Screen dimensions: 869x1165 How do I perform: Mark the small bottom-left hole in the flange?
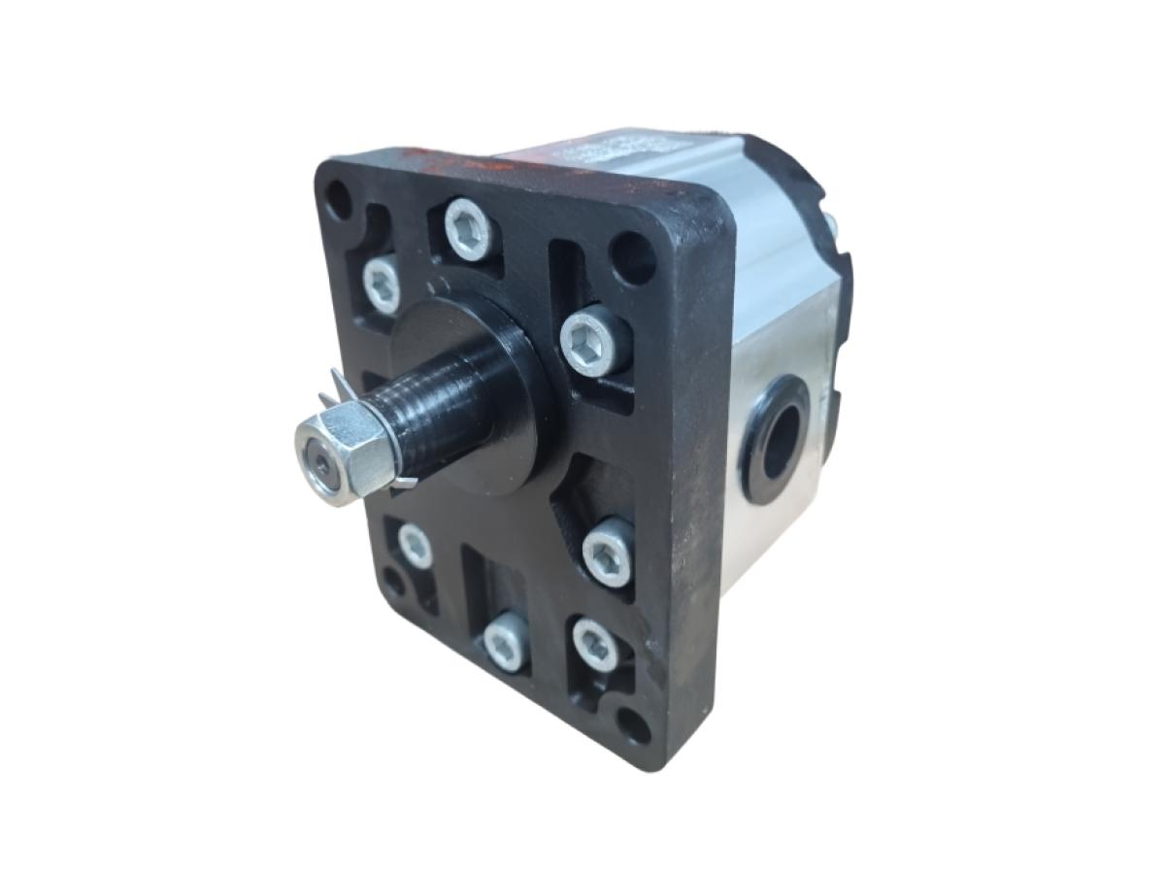tap(392, 582)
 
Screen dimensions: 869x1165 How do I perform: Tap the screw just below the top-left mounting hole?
tap(382, 283)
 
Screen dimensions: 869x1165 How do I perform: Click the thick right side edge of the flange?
tap(694, 485)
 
